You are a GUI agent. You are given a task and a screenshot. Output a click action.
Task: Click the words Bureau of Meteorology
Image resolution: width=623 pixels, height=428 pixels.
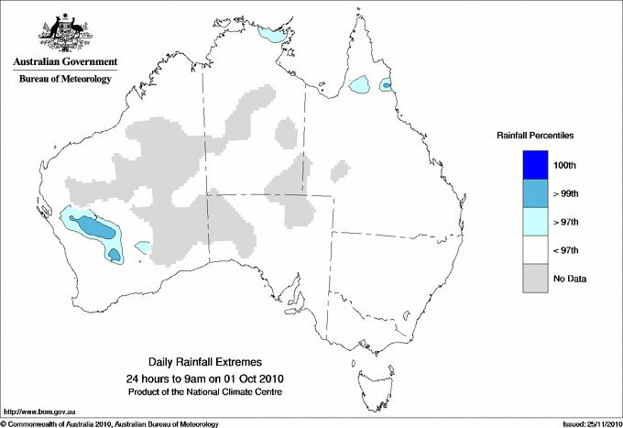pyautogui.click(x=64, y=79)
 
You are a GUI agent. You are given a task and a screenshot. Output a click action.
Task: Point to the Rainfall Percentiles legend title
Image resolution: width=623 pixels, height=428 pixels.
pyautogui.click(x=535, y=135)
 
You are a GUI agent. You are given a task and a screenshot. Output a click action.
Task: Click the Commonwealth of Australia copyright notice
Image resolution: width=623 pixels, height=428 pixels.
pyautogui.click(x=110, y=423)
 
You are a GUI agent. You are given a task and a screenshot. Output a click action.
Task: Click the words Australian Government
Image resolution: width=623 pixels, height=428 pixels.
pyautogui.click(x=64, y=62)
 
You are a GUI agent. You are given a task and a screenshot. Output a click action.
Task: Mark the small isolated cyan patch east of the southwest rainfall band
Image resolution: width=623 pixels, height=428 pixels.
pyautogui.click(x=143, y=247)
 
